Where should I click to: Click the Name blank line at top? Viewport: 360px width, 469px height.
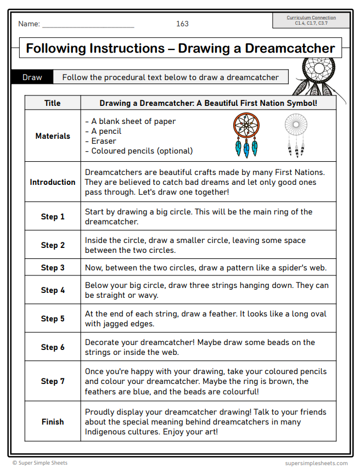click(x=88, y=25)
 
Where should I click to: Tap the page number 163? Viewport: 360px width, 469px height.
click(x=182, y=24)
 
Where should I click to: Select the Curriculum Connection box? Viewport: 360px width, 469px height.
click(x=311, y=21)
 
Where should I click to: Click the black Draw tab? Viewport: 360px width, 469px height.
click(x=32, y=77)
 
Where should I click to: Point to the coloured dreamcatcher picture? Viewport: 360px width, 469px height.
click(x=246, y=134)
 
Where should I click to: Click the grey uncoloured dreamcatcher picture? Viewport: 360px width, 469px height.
click(x=296, y=134)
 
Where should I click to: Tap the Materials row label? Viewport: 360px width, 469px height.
click(x=53, y=136)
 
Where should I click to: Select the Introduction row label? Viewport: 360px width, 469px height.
click(x=53, y=182)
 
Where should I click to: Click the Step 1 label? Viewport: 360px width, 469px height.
click(x=53, y=217)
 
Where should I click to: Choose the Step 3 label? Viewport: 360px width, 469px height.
click(x=53, y=268)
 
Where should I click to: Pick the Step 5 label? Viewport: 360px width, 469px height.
click(x=53, y=319)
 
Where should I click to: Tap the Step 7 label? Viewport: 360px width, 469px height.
click(x=53, y=381)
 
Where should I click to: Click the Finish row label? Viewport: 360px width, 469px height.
click(x=53, y=422)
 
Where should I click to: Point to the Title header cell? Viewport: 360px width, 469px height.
click(x=53, y=103)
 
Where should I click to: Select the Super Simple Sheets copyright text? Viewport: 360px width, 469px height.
click(x=40, y=463)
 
